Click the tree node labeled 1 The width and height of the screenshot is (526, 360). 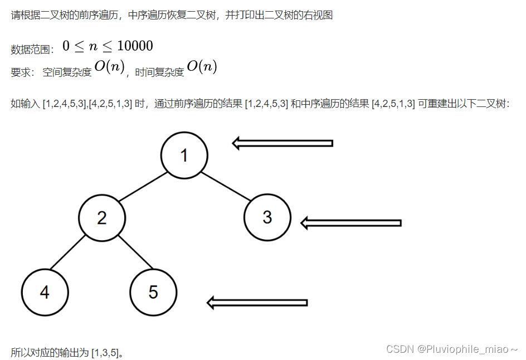(x=184, y=155)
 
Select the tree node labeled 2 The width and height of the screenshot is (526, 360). (x=101, y=217)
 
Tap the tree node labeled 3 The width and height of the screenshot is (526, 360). (x=267, y=217)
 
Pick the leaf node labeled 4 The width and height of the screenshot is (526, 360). (x=45, y=292)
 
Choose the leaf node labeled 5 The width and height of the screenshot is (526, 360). (x=153, y=292)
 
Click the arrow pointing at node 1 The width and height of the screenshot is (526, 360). (x=282, y=143)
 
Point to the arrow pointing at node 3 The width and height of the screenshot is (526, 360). (x=350, y=223)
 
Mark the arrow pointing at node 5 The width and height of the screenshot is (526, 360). (x=257, y=303)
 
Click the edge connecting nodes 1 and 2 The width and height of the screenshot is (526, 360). (x=143, y=186)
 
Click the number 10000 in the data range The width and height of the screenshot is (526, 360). (x=134, y=46)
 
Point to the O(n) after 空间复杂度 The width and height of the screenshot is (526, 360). (x=109, y=67)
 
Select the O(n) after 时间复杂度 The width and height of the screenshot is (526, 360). (x=202, y=67)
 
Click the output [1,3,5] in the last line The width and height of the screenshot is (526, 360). (x=105, y=353)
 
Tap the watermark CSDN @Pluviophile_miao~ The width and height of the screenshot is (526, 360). (x=452, y=349)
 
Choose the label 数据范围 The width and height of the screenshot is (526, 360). (x=31, y=50)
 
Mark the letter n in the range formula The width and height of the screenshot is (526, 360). (x=93, y=47)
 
